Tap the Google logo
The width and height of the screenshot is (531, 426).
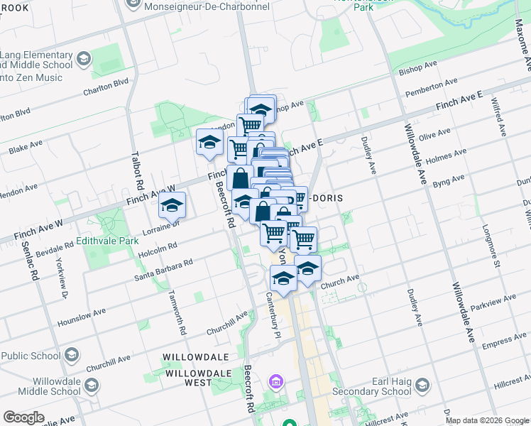click(23, 417)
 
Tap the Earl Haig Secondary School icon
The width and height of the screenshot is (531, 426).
click(422, 386)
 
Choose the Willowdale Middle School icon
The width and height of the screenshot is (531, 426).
click(92, 385)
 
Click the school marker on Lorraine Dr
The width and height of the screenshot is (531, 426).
click(172, 206)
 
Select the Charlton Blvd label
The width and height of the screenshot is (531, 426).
click(106, 86)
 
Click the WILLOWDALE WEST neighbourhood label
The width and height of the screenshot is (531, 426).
click(188, 377)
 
